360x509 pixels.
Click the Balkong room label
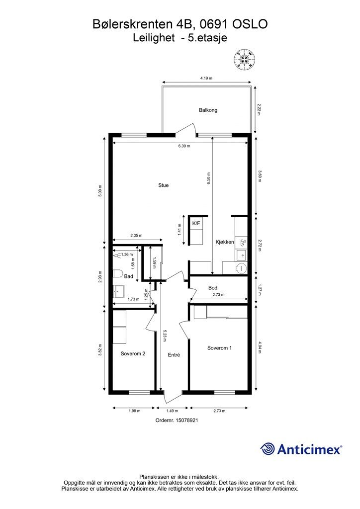(208, 110)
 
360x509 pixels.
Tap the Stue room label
(163, 185)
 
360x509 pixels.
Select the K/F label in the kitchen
(196, 224)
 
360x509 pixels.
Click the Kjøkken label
(225, 242)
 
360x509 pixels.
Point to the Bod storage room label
(213, 288)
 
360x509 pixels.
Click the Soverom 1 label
(219, 348)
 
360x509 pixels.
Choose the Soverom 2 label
(133, 354)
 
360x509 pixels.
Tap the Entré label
(174, 355)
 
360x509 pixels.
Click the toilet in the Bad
(118, 273)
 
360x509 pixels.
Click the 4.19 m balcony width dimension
(206, 79)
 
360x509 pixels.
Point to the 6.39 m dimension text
(184, 146)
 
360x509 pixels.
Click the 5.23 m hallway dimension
(165, 337)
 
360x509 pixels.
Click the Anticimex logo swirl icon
(268, 449)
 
